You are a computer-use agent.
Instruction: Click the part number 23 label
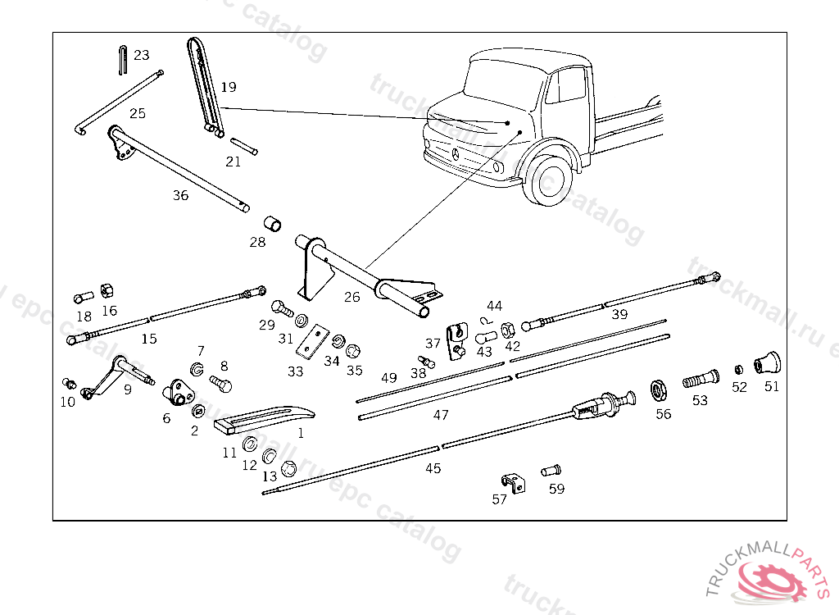(x=142, y=55)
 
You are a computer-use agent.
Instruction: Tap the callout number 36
(x=180, y=195)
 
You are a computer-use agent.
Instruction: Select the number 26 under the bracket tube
(x=351, y=297)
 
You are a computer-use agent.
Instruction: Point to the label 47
(x=441, y=415)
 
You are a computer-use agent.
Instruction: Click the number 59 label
(x=556, y=489)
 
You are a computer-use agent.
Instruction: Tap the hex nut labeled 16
(x=107, y=290)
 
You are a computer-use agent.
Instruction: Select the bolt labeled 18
(x=82, y=298)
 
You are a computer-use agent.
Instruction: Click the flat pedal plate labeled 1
(x=262, y=417)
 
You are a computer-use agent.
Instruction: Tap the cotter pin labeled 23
(x=120, y=60)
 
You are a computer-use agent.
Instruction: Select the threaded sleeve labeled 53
(x=699, y=380)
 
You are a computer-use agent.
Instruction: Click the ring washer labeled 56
(x=657, y=388)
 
